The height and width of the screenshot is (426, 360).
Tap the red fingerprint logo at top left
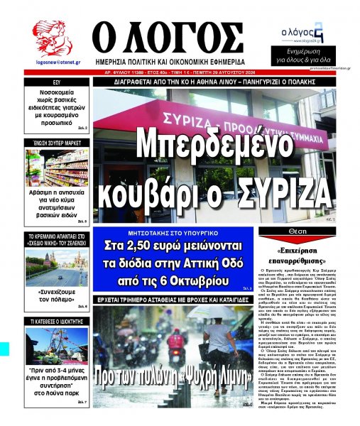pos(52,38)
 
